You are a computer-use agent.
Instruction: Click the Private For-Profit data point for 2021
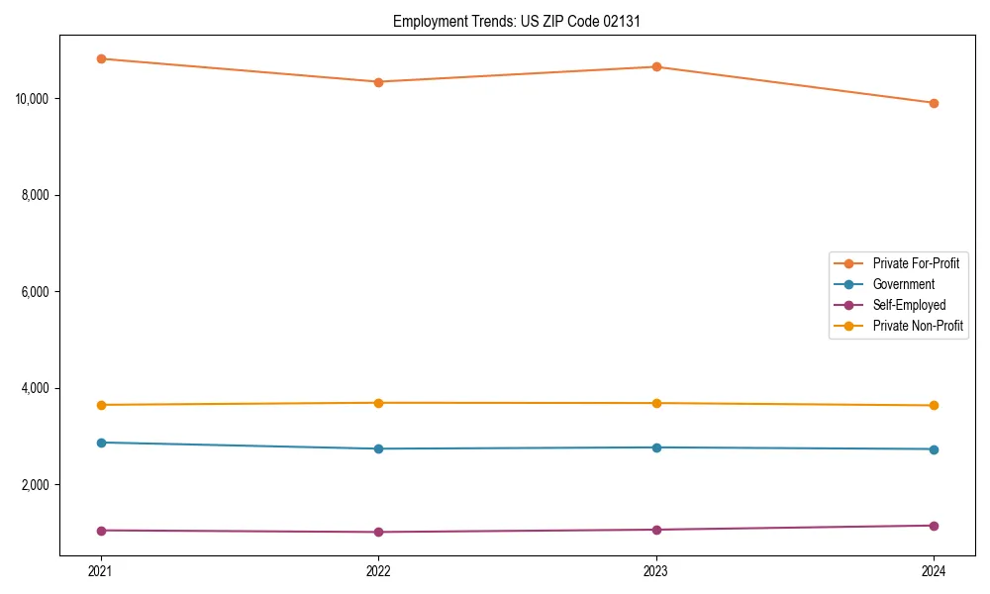click(100, 58)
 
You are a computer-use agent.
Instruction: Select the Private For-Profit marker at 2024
click(934, 103)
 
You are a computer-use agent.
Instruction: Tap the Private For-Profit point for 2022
click(378, 82)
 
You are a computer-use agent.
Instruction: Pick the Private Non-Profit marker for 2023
click(656, 403)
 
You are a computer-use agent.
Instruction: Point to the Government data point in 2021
click(100, 443)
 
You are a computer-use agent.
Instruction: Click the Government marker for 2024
click(934, 449)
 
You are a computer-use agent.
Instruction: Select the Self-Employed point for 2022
click(378, 532)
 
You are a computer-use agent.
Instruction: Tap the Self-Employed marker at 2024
click(934, 526)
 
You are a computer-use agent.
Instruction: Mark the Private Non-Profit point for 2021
click(100, 405)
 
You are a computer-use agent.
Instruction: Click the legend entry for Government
click(903, 284)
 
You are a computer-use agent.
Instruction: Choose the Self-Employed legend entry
click(909, 305)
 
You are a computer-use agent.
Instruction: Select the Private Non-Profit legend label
click(918, 326)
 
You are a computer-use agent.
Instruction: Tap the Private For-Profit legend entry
click(916, 263)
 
